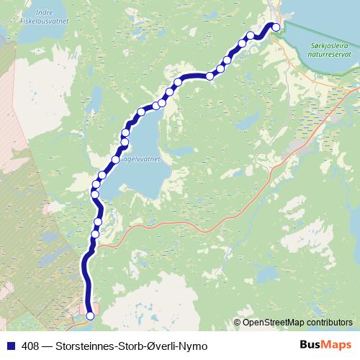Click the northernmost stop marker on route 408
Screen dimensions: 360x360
point(274,27)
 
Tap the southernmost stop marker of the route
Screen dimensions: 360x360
point(90,315)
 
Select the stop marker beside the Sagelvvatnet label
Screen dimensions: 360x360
point(116,158)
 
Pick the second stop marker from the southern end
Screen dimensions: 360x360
point(95,233)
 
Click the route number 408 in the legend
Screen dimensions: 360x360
point(30,346)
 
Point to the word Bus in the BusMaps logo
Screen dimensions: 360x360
point(310,346)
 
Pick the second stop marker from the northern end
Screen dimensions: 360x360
point(251,36)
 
